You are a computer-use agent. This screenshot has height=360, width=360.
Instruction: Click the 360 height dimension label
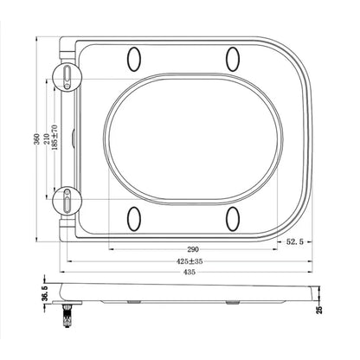pyautogui.click(x=36, y=139)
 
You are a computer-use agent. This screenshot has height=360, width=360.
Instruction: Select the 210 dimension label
pyautogui.click(x=46, y=139)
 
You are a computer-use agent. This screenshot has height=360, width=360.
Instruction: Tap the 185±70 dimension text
pyautogui.click(x=55, y=137)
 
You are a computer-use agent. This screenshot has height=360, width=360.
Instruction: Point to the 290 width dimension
pyautogui.click(x=193, y=249)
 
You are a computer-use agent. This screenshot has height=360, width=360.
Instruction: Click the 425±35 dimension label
pyautogui.click(x=190, y=261)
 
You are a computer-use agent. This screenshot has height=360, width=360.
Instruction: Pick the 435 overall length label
pyautogui.click(x=190, y=272)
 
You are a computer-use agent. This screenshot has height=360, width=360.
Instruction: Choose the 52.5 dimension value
pyautogui.click(x=295, y=242)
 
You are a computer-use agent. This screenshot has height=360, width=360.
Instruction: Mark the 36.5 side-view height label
pyautogui.click(x=45, y=293)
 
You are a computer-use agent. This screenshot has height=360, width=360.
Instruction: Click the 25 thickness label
pyautogui.click(x=319, y=310)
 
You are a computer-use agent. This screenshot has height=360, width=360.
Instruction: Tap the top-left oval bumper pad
pyautogui.click(x=134, y=59)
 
